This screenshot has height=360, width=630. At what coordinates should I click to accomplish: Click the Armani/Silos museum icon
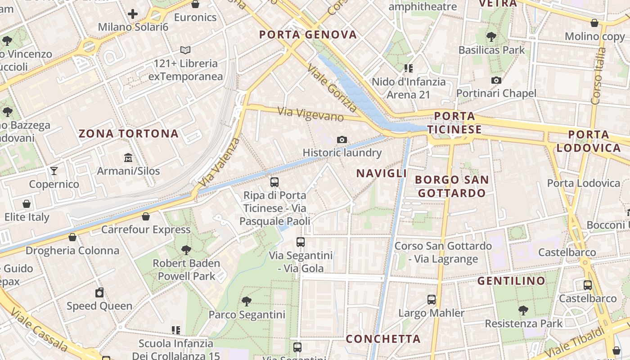coord(128,157)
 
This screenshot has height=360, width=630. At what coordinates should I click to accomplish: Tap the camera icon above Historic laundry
coord(342,139)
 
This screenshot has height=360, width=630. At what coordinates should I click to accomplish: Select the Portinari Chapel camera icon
coord(496,80)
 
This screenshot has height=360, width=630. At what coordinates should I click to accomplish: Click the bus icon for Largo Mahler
coord(432,299)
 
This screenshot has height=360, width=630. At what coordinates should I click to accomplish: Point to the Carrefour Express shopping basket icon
coord(146,216)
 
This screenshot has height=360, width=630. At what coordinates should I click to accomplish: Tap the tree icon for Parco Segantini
coord(246,301)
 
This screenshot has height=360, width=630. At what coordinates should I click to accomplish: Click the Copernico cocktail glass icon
coord(54,171)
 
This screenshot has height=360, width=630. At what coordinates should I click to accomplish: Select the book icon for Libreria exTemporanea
coord(185,50)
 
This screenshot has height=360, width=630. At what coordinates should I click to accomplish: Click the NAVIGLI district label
coord(382,173)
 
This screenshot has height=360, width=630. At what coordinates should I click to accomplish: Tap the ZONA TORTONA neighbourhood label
coord(129,134)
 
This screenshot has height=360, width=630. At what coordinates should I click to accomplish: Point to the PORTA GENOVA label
coord(308,35)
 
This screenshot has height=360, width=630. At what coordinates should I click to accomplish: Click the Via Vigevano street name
coord(310,114)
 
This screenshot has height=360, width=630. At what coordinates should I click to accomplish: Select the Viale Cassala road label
coord(39,330)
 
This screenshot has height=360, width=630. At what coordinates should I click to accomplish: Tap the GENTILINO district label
coord(511,281)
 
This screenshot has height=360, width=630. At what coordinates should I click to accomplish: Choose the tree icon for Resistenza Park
coord(523,310)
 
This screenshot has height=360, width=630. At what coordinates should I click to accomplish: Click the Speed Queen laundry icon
coord(99,292)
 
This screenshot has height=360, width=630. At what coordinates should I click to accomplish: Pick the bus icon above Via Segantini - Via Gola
coord(301,242)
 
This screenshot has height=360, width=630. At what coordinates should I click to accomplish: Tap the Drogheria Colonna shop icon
coord(72,237)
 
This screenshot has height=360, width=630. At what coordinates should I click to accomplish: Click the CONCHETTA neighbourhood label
coord(383,339)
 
